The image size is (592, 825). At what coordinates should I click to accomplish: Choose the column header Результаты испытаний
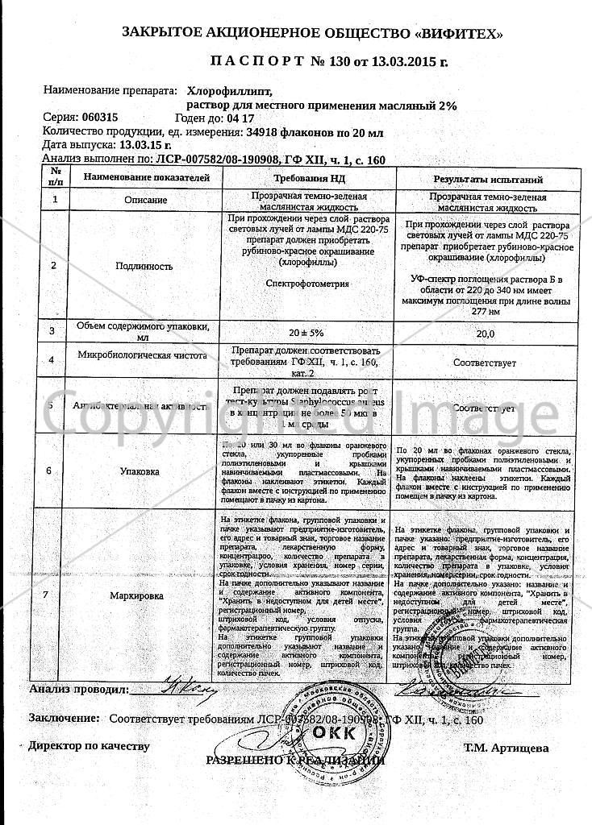(x=488, y=180)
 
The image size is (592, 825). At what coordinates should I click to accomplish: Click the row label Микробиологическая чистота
(x=144, y=355)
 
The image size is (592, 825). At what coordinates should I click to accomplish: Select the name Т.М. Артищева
(x=506, y=748)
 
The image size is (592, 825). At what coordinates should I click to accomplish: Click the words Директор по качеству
(x=89, y=746)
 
